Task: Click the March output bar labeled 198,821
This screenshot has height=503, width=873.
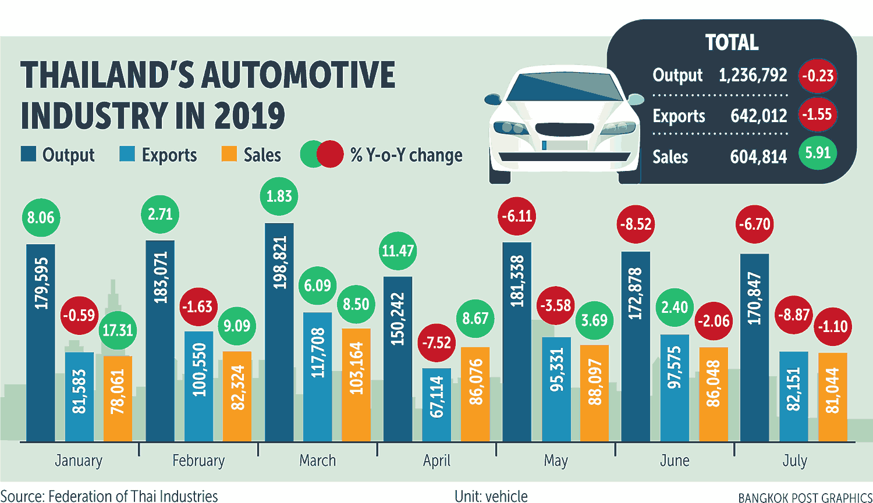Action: point(279,331)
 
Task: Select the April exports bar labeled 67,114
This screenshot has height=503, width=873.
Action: point(436,404)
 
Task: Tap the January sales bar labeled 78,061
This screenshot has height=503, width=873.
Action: point(118,398)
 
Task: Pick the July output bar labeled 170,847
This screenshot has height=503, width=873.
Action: point(754,347)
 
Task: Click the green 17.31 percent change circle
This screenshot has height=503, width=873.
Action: point(118,330)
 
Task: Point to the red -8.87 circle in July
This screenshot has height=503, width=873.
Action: point(794,315)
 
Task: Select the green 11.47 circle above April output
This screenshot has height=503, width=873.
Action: point(398,251)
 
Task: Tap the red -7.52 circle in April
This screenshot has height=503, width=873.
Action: point(436,343)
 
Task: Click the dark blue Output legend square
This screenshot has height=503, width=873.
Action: point(29,154)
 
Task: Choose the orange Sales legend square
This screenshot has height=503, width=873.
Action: point(229,154)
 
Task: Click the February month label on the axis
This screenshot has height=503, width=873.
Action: point(198,461)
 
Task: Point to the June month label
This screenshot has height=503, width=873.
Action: point(675,461)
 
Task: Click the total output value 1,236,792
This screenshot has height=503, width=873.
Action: point(753,75)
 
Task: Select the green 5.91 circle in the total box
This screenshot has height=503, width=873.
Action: point(818,153)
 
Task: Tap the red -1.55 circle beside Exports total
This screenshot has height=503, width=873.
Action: point(818,114)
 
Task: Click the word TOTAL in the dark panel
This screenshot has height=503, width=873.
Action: point(732,42)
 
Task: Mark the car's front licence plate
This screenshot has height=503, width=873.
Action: point(565,145)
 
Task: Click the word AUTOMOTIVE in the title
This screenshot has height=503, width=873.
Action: point(298,75)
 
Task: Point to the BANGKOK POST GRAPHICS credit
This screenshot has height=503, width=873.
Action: point(805,498)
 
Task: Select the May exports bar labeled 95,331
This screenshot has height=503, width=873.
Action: point(556,388)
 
